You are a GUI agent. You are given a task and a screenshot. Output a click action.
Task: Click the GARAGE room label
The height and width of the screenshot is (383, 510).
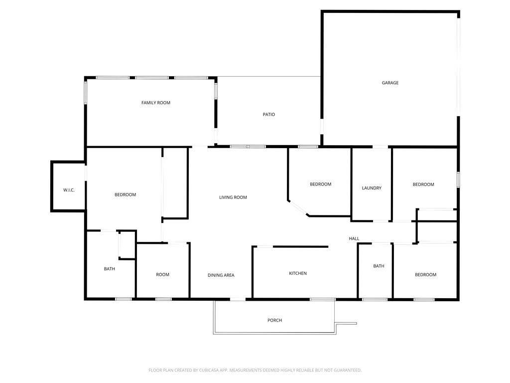click(390, 83)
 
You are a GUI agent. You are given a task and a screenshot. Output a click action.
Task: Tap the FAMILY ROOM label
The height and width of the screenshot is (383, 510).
click(156, 103)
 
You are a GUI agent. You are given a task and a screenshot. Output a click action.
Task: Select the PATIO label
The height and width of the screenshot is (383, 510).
click(269, 115)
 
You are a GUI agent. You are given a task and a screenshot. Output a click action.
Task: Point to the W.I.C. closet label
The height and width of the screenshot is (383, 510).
click(69, 191)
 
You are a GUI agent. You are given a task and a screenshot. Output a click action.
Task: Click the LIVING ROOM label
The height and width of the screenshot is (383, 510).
click(233, 197)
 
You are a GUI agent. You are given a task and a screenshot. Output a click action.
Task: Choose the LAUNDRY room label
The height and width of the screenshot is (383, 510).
click(372, 188)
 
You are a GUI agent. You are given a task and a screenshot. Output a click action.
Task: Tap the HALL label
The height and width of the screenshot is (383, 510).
click(354, 239)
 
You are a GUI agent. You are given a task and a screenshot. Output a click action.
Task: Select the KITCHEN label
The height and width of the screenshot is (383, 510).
click(298, 273)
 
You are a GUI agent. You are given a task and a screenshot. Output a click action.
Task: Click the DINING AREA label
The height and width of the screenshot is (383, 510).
click(221, 275)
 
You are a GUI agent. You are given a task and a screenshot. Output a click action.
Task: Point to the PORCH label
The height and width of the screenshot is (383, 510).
click(274, 320)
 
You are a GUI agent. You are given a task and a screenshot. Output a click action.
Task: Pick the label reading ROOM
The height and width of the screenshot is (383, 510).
click(162, 275)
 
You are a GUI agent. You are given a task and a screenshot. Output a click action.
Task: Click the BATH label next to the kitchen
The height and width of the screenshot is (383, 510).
click(379, 266)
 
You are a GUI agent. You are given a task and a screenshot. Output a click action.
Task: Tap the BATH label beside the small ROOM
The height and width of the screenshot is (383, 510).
click(110, 269)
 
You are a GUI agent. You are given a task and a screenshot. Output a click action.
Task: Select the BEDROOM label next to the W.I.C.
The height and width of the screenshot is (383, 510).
click(125, 194)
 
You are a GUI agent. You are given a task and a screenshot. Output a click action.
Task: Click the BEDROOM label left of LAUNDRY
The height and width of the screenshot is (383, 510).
click(320, 185)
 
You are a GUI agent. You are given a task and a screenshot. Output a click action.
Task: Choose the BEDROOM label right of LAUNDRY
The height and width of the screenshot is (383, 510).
click(423, 185)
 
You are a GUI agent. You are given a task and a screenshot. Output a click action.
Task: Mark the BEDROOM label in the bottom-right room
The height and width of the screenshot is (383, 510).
click(425, 275)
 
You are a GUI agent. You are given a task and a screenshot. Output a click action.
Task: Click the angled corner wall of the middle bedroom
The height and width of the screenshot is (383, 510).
click(298, 208)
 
